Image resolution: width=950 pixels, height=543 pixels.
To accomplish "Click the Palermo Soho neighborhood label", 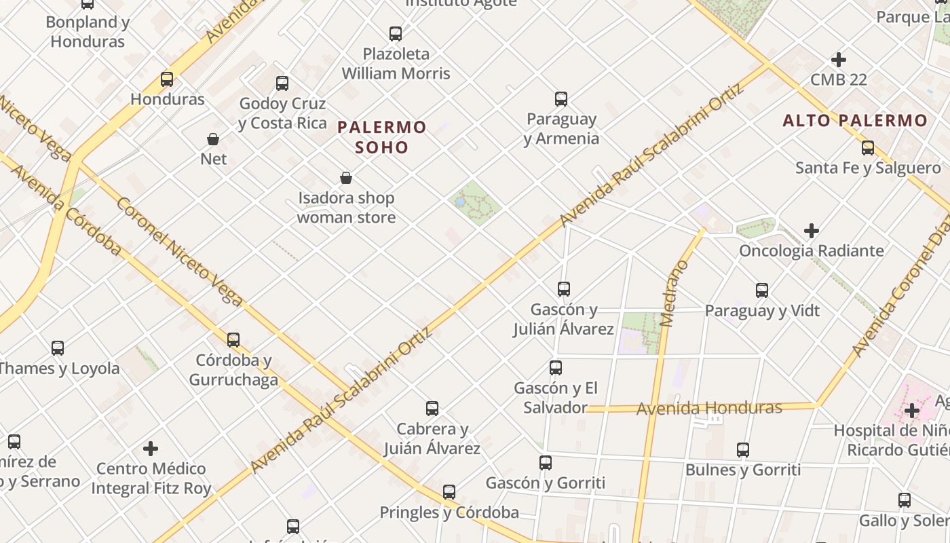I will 382,136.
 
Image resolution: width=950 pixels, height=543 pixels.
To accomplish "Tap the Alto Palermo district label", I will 854,121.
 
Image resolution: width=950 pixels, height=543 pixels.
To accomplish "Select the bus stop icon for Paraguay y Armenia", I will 561,99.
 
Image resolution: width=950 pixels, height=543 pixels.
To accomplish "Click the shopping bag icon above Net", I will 213,139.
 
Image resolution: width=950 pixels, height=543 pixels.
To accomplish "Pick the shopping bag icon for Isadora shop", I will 346,179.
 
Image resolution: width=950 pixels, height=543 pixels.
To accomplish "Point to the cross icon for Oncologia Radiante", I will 811,231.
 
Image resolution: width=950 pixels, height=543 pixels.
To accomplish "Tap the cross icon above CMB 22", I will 839,60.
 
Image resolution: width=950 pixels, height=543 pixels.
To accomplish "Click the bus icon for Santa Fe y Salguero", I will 868,148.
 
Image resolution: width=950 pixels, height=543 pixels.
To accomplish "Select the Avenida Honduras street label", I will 709,408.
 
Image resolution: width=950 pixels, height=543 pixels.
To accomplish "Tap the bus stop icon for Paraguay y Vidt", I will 762,291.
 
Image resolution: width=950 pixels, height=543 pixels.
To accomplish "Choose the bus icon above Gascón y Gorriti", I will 546,463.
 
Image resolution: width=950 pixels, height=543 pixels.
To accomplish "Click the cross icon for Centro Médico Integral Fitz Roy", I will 151,449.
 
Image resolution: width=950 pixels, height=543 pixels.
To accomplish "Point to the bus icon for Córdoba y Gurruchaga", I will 233,339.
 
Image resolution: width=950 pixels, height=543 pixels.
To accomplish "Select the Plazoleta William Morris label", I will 396,63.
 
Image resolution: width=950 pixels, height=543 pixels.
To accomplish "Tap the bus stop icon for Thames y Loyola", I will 58,348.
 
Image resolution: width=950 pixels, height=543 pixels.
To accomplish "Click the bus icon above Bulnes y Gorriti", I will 743,450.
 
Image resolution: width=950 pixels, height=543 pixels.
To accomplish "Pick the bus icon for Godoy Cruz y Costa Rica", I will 282,83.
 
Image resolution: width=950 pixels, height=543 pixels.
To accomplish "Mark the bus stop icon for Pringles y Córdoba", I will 449,492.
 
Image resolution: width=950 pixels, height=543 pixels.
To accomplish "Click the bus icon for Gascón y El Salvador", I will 556,368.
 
